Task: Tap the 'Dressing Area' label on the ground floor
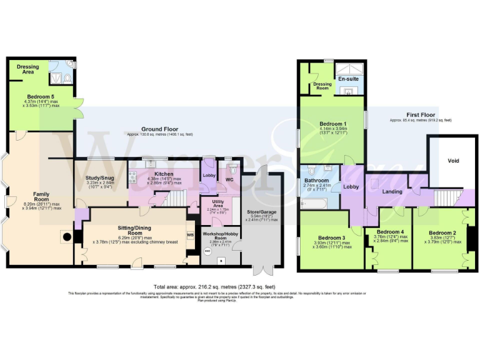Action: tap(27, 69)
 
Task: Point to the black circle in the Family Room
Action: tap(64, 237)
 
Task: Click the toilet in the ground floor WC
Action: tap(232, 169)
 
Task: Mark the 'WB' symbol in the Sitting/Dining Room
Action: tap(191, 235)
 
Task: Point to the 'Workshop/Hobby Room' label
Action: tap(220, 235)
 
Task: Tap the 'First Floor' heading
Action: tap(421, 115)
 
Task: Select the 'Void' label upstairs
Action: tap(453, 161)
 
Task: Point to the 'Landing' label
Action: tap(392, 191)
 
